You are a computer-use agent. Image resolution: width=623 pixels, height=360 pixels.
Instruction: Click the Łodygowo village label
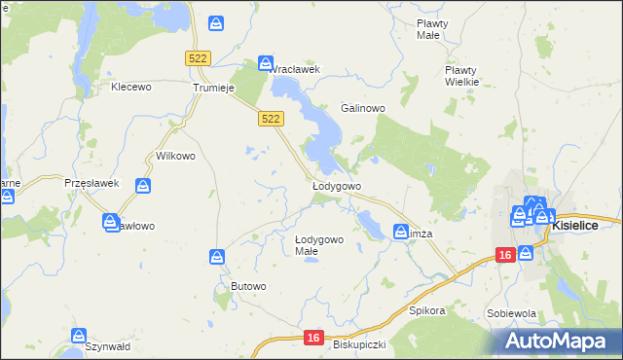tap(337, 185)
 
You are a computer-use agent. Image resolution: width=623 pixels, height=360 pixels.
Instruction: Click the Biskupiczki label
tap(359, 344)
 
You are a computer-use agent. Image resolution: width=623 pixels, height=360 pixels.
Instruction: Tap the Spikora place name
tap(426, 311)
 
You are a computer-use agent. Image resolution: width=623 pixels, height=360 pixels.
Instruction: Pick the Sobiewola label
tap(512, 314)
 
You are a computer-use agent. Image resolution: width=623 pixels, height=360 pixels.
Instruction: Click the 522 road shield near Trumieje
tap(198, 58)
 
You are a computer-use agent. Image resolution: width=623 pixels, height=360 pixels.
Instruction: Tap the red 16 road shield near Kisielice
tap(504, 255)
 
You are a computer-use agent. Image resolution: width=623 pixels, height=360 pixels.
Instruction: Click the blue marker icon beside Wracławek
tap(265, 62)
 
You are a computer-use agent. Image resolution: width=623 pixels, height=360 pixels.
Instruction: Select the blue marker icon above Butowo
tap(217, 257)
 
